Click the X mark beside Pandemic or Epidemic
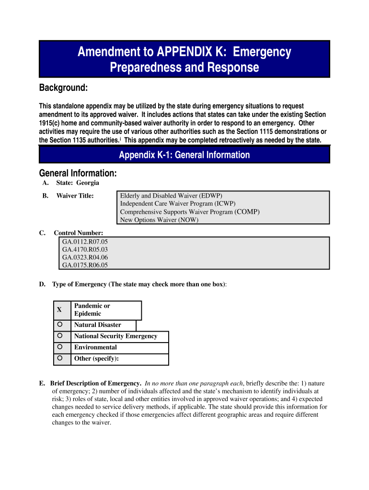click(59, 310)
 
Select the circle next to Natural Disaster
click(59, 324)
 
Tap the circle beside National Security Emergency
click(59, 336)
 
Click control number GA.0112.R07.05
click(85, 242)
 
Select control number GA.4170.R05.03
click(85, 249)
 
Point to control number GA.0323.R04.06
click(85, 257)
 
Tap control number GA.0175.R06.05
click(85, 265)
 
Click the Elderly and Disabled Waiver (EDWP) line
click(171, 196)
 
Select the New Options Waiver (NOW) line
click(159, 220)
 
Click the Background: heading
click(63, 88)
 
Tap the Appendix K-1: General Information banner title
click(184, 155)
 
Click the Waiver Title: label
click(75, 196)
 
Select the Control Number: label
click(78, 233)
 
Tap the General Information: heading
click(78, 173)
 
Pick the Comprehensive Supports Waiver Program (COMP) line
click(190, 212)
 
